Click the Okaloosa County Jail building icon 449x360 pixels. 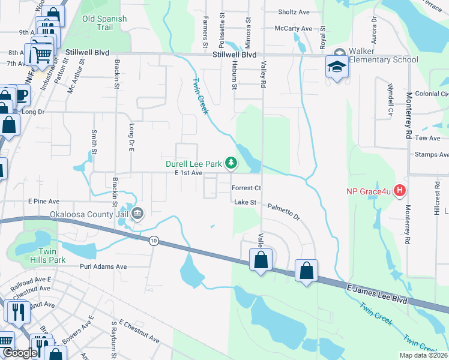pos(137,213)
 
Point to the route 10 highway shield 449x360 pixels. pos(154,240)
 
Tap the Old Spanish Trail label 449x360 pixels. pos(105,23)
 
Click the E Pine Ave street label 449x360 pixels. pos(43,201)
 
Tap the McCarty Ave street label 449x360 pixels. pos(294,28)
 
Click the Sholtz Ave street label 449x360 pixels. pos(294,11)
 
